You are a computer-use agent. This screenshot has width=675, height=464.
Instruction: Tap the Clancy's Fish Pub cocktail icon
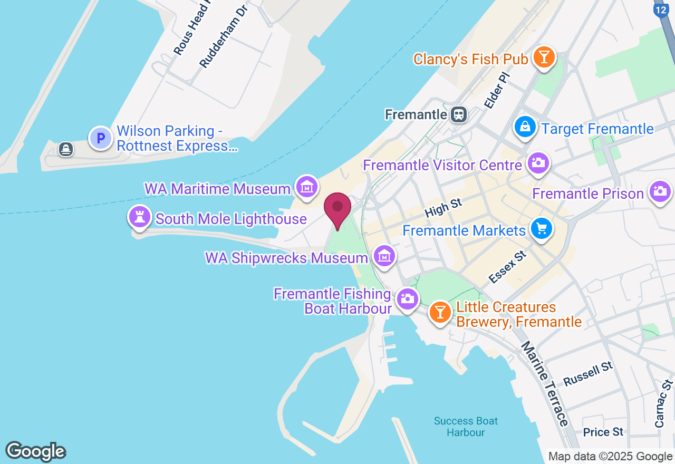click(x=544, y=57)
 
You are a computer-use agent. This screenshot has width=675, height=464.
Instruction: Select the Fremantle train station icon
click(x=459, y=114)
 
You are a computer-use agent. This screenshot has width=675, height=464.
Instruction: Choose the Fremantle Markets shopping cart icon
click(x=541, y=229)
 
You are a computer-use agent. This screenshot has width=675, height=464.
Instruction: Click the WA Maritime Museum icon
click(x=306, y=186)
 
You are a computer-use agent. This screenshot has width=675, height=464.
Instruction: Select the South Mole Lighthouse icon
click(x=140, y=217)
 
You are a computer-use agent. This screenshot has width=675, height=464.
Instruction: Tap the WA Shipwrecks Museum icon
click(x=384, y=256)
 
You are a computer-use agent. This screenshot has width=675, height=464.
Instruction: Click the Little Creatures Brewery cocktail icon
click(x=440, y=312)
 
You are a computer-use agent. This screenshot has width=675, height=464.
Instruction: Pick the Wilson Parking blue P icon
click(x=100, y=138)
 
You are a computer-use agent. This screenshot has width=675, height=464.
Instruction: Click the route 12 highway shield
click(x=661, y=9)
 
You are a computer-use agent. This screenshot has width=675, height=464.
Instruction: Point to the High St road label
click(x=443, y=208)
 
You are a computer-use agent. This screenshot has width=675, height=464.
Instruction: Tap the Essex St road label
click(x=507, y=267)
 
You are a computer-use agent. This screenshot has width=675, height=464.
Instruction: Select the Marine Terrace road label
click(x=545, y=383)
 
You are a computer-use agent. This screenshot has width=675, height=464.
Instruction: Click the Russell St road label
click(x=588, y=374)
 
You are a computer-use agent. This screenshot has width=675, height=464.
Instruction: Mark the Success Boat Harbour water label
click(x=466, y=427)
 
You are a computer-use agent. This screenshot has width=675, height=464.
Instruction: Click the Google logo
click(x=36, y=451)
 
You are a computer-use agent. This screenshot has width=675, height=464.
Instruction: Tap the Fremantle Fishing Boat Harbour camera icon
click(x=407, y=298)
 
